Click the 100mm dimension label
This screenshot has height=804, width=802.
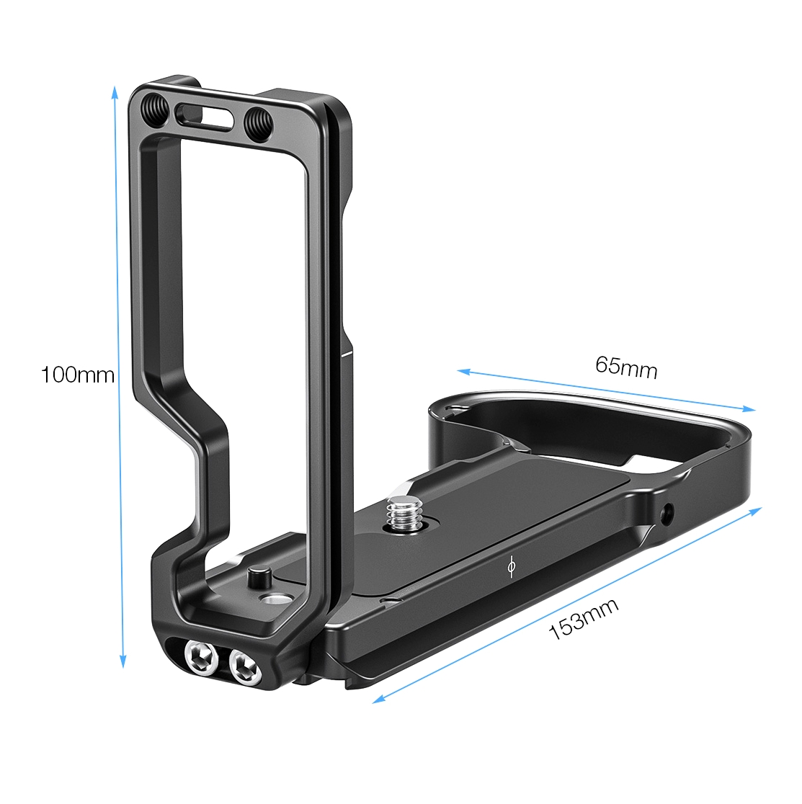(77, 375)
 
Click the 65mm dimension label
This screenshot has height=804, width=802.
(626, 367)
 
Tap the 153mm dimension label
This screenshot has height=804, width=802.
(584, 619)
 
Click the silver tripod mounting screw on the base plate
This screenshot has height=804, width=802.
(401, 514)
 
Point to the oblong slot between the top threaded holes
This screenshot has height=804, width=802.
(205, 115)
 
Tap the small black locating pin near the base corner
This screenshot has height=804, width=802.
(257, 576)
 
